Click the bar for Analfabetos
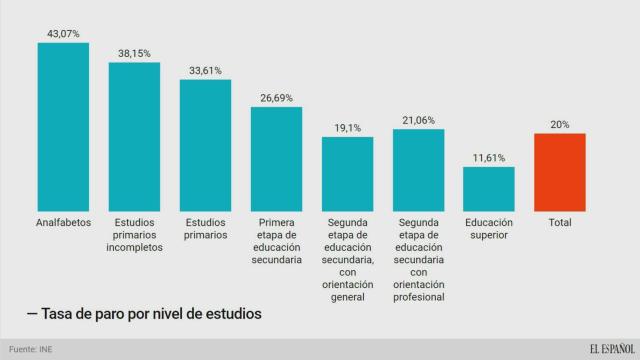click(x=63, y=127)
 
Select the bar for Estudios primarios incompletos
click(x=134, y=137)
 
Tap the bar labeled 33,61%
click(x=205, y=146)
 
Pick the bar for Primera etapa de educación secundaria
click(x=276, y=159)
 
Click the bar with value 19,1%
click(x=347, y=174)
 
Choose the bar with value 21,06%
click(x=418, y=170)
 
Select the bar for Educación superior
click(x=489, y=189)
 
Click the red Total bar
click(x=560, y=172)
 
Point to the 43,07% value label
click(x=63, y=33)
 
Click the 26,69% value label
click(x=276, y=98)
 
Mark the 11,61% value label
click(x=489, y=158)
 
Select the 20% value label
click(x=560, y=125)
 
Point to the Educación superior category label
click(x=489, y=229)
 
